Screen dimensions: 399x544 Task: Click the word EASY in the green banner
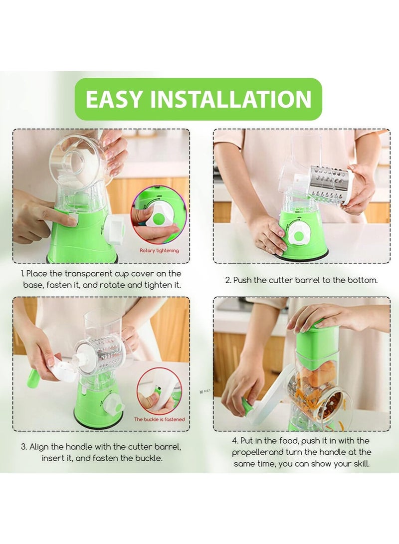point(113,99)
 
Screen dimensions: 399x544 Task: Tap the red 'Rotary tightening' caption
point(159,250)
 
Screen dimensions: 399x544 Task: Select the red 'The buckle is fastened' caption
point(160,419)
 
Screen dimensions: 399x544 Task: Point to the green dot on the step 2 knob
point(298,237)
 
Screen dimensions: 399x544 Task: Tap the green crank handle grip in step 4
point(247,405)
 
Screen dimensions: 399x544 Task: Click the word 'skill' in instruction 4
point(361,464)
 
